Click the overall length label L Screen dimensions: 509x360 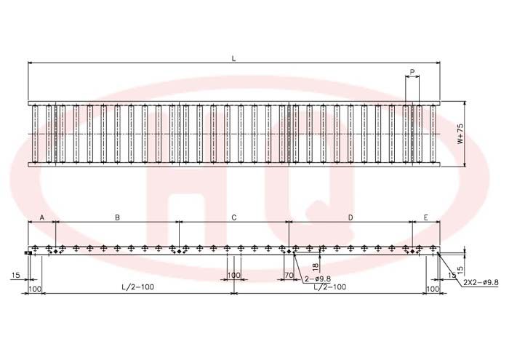(233, 59)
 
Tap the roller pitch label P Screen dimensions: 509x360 (412, 72)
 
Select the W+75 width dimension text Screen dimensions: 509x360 (460, 134)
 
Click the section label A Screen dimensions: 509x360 (42, 217)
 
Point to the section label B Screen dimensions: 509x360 (118, 217)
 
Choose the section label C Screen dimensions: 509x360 (233, 217)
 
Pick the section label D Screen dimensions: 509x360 (350, 217)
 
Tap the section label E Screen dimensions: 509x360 (426, 217)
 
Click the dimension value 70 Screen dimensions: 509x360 (289, 276)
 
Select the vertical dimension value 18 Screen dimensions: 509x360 (316, 267)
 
